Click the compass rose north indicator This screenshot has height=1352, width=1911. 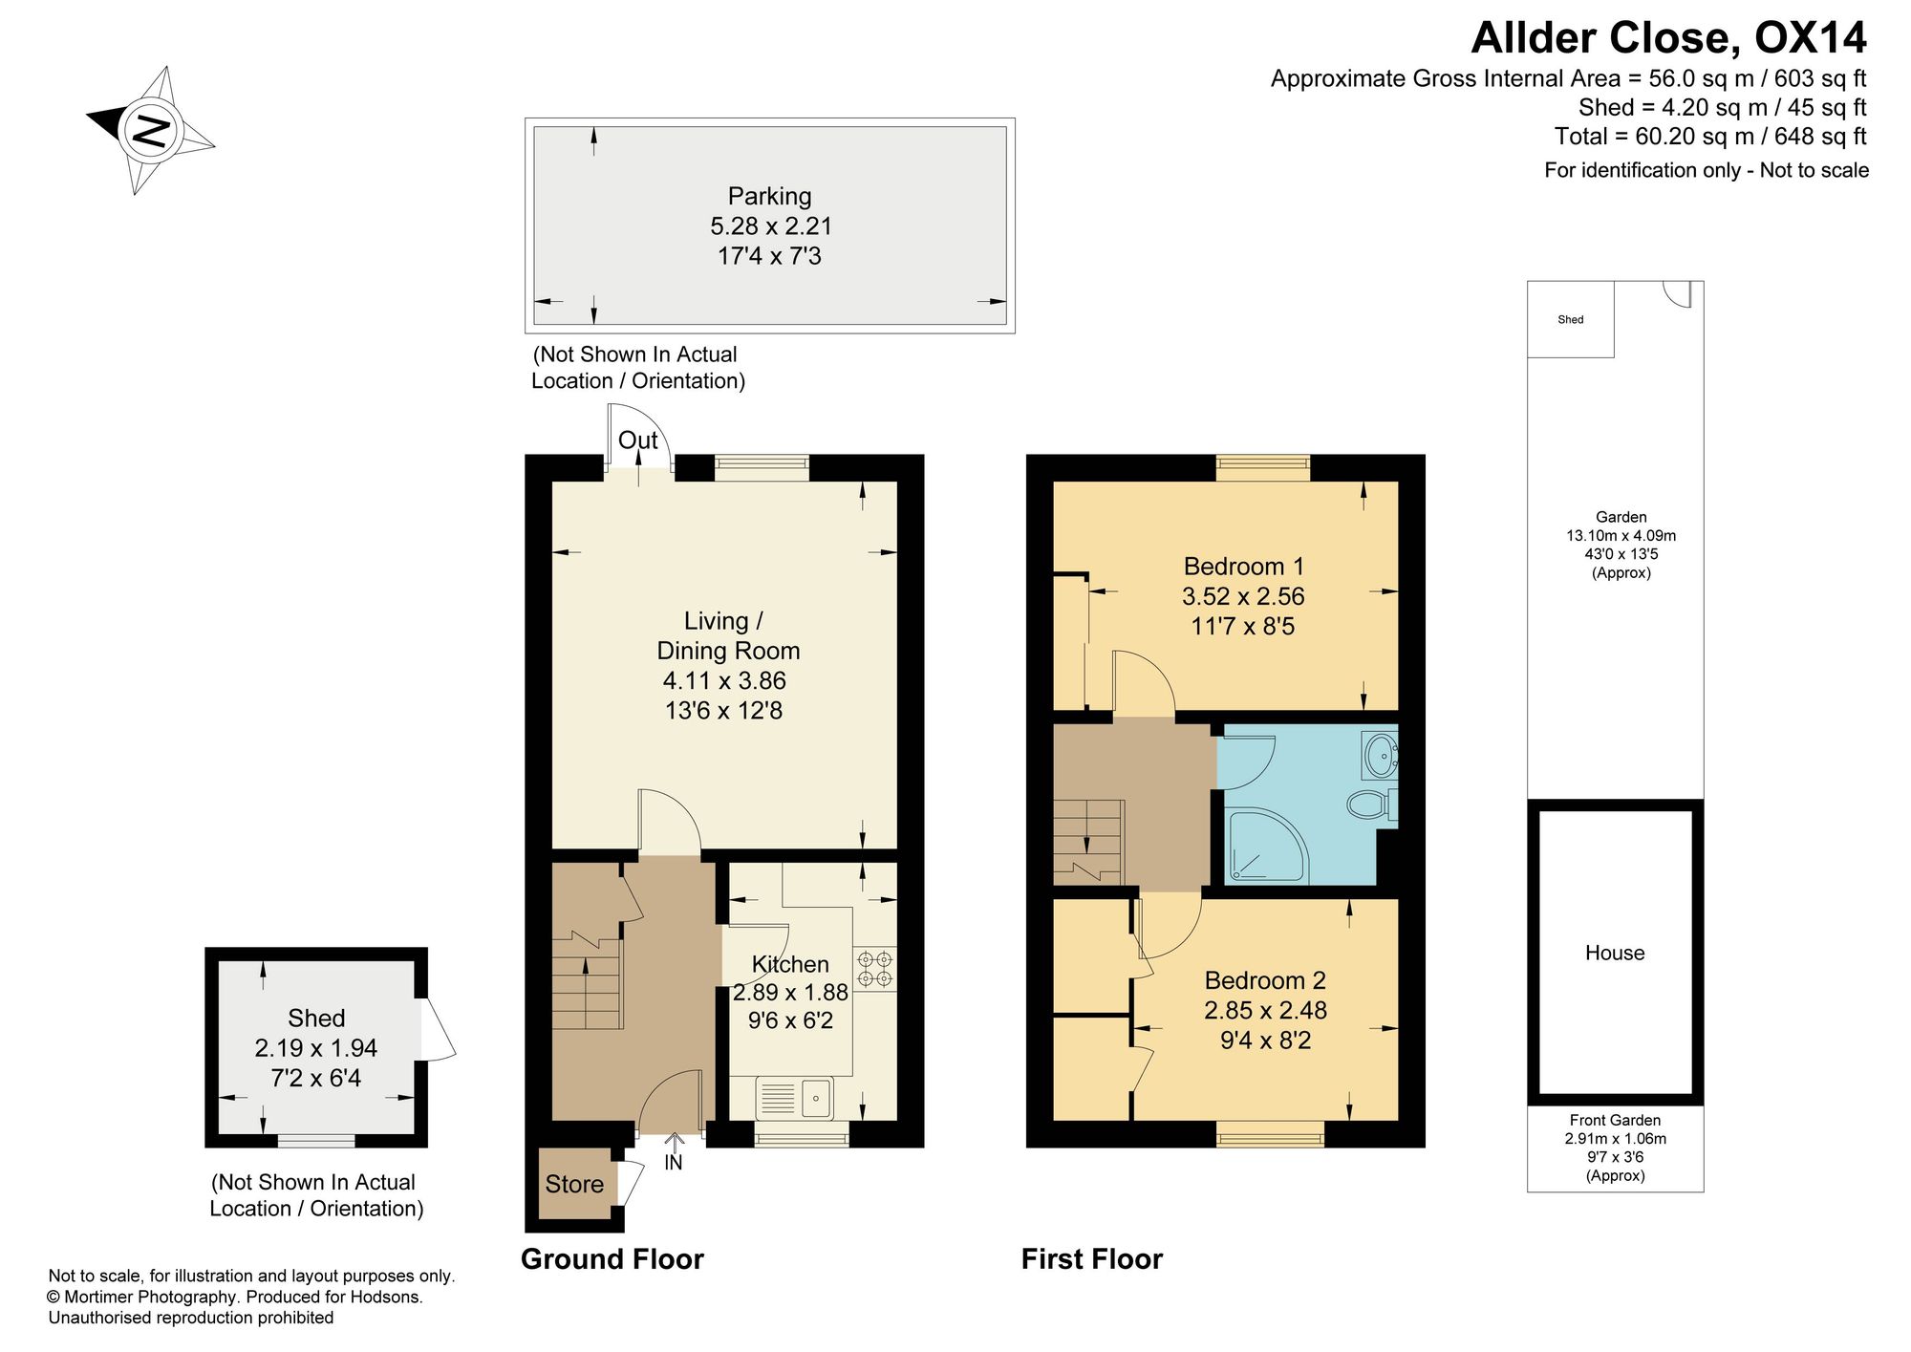(151, 130)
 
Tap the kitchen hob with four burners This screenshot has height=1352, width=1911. (875, 969)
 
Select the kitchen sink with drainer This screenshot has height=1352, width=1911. (794, 1098)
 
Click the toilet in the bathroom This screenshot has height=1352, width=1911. (1372, 804)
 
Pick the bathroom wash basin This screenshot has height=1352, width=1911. (1381, 756)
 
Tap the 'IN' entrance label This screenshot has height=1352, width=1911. (674, 1163)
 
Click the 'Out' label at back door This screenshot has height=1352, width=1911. (638, 440)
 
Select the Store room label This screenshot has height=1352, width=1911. (574, 1185)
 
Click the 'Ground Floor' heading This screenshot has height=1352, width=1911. (612, 1259)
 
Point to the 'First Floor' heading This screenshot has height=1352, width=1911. (1092, 1259)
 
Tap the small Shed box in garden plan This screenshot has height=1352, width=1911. (1571, 319)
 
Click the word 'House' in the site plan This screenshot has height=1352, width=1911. (1615, 953)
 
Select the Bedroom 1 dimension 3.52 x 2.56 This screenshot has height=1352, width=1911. (1243, 596)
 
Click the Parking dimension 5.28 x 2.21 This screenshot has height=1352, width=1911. (771, 226)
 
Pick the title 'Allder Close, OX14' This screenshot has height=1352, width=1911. (1668, 38)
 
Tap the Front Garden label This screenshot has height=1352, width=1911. (1615, 1120)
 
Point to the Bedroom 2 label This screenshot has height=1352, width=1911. (1265, 980)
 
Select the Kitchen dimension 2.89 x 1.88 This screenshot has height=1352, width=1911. (790, 993)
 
